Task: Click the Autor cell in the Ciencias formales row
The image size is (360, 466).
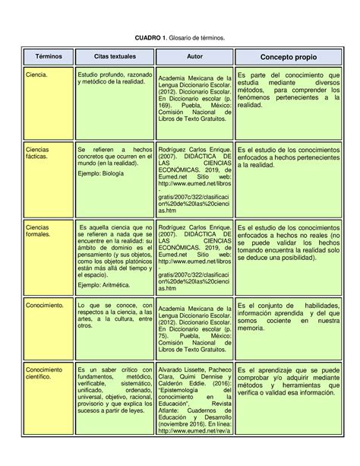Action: pos(194,258)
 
